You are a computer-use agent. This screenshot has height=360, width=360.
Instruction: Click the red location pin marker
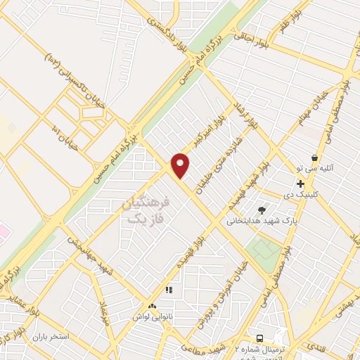tap(181, 165)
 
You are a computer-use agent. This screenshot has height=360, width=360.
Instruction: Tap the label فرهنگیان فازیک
tap(146, 210)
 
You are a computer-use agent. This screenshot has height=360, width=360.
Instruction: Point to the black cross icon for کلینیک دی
tap(300, 184)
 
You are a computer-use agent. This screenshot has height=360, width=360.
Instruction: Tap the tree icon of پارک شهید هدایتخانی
tap(262, 210)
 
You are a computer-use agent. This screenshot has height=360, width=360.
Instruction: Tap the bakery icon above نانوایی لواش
tap(152, 306)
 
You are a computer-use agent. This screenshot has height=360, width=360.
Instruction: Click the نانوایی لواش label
tap(151, 317)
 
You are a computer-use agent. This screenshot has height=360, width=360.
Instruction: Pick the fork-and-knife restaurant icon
tap(168, 289)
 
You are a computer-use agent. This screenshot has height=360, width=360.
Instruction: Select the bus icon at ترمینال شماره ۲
tap(260, 337)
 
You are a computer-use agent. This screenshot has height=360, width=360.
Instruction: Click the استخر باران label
tap(50, 336)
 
